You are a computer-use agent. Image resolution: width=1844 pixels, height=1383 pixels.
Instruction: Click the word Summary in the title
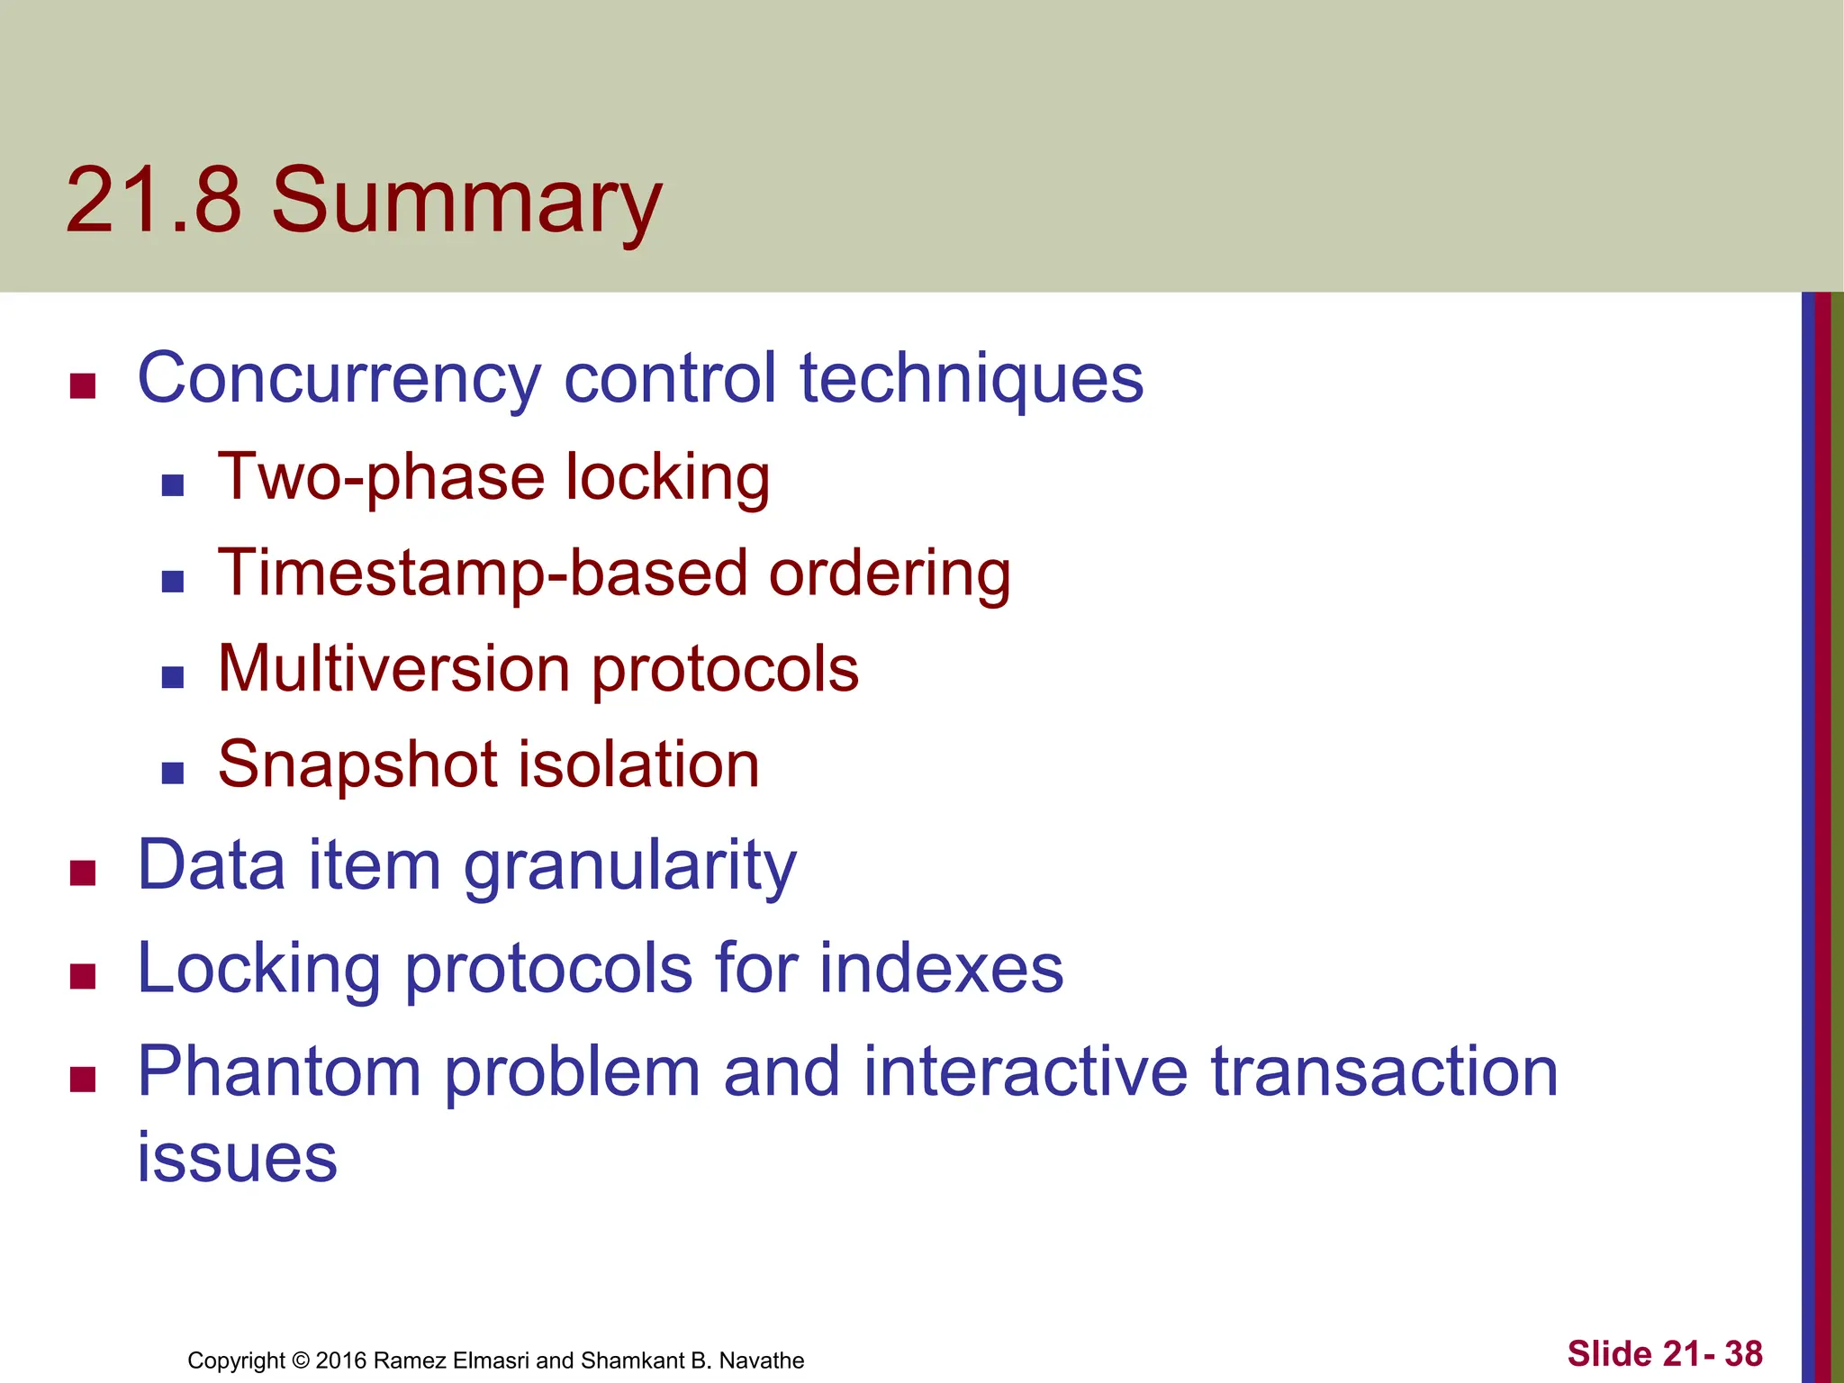(466, 203)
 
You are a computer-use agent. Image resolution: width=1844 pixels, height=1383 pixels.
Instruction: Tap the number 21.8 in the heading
(153, 201)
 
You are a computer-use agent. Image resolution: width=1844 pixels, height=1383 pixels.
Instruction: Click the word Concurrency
(339, 379)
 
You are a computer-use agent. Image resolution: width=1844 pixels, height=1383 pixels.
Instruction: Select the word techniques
(972, 379)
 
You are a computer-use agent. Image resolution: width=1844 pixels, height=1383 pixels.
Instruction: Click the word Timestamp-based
(483, 574)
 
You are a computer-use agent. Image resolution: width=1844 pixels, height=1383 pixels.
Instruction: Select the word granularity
(629, 866)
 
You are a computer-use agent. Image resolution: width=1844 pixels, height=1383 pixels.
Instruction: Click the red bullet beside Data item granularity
(83, 873)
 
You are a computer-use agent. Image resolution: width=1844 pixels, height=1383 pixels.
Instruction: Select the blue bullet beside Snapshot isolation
(173, 773)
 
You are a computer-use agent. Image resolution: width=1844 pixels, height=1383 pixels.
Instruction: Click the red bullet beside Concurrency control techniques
(83, 386)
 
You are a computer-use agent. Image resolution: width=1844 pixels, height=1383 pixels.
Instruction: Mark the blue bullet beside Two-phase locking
(173, 486)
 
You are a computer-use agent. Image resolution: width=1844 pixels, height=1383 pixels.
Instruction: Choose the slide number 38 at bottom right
(1743, 1353)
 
